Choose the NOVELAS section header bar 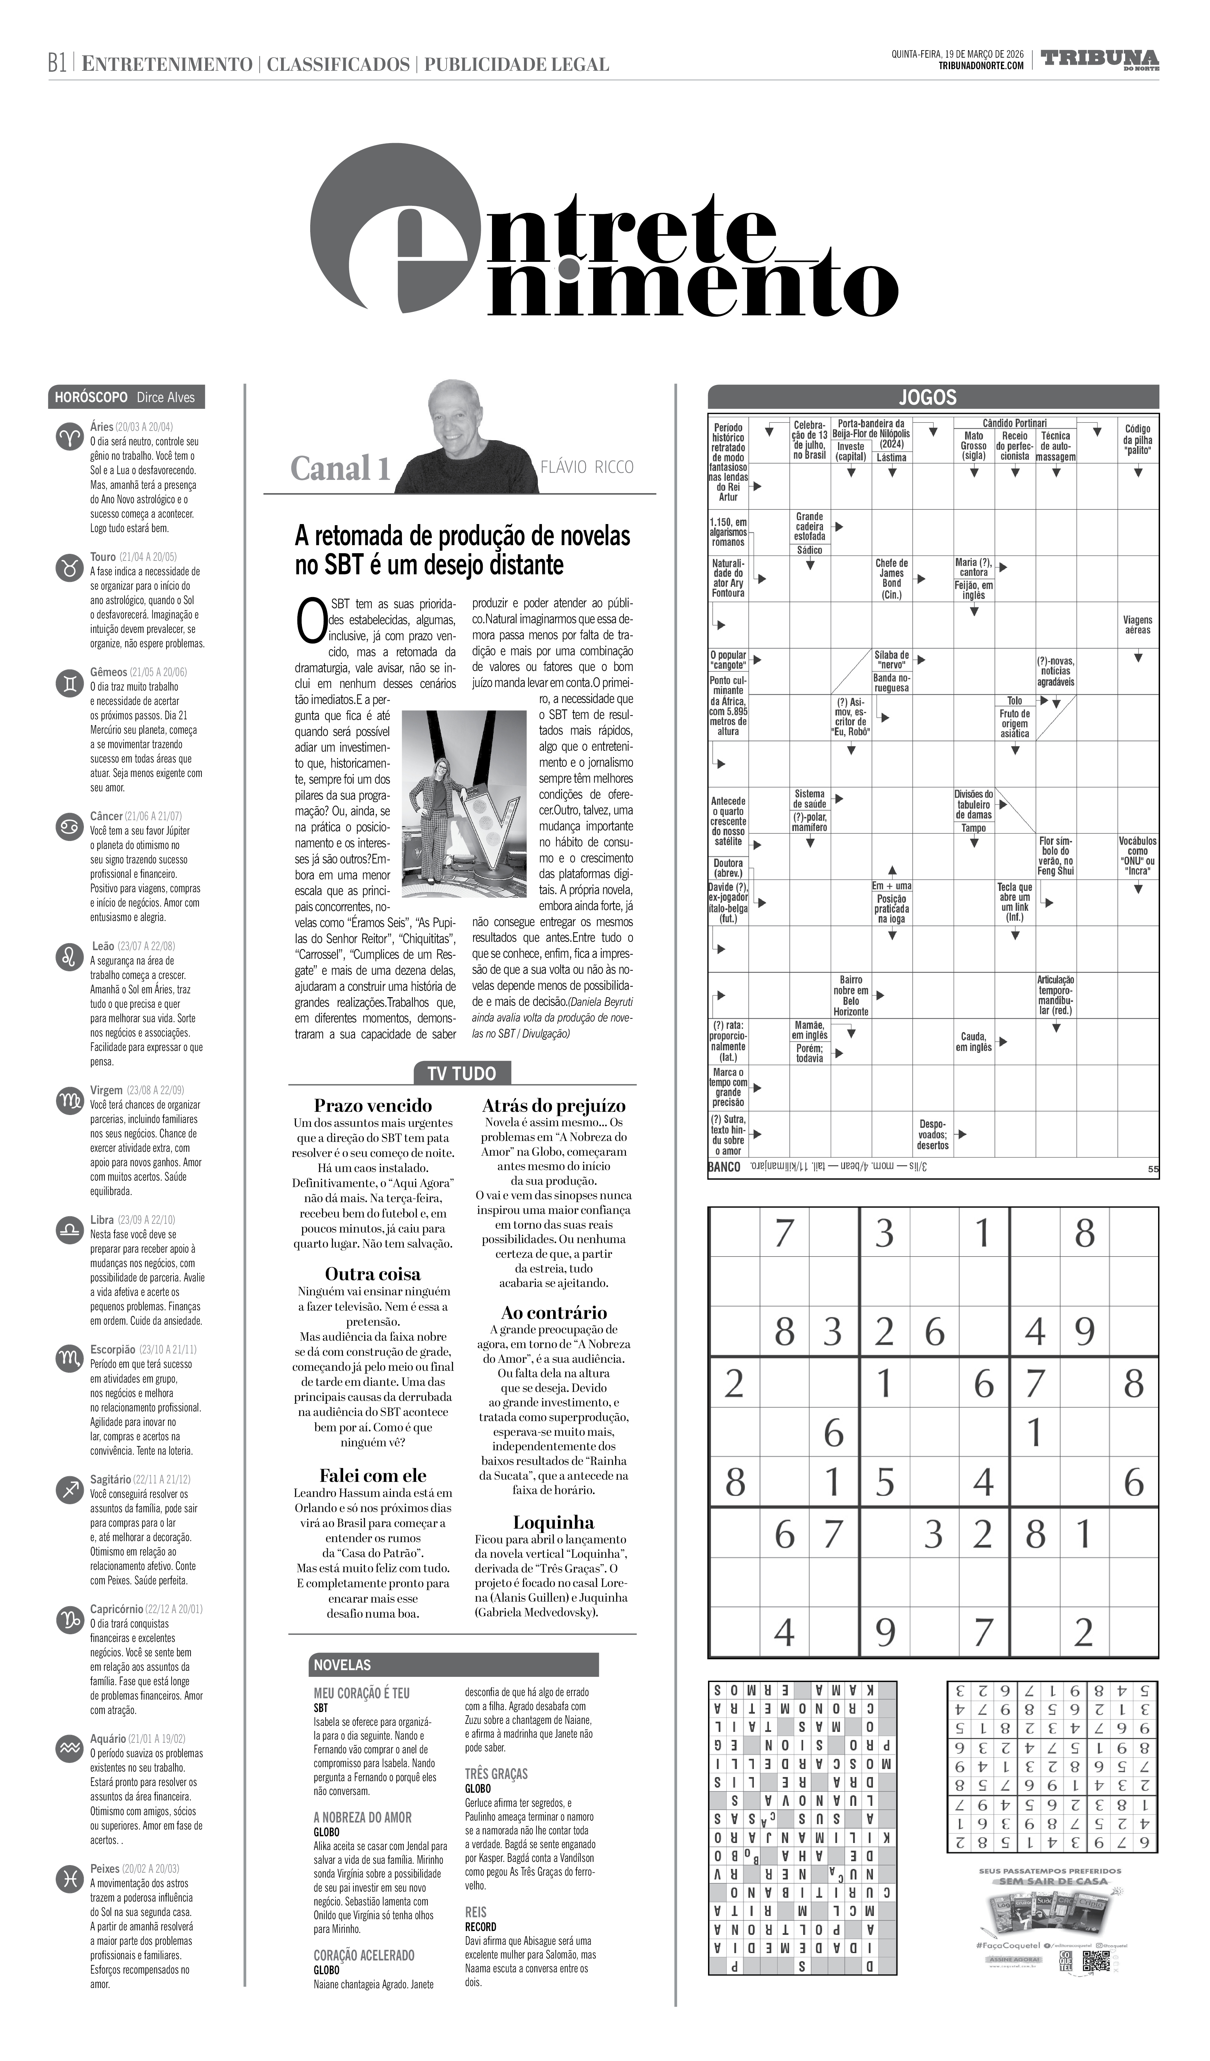454,1664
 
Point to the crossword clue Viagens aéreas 1137,625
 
